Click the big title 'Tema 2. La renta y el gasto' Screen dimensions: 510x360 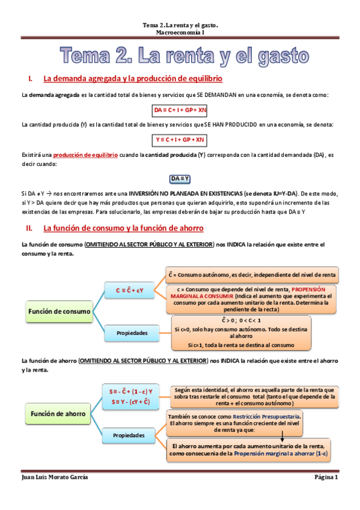[185, 57]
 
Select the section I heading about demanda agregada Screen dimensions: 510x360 [133, 79]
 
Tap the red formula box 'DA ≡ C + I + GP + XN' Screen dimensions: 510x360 [180, 110]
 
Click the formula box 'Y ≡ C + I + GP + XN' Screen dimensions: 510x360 [180, 140]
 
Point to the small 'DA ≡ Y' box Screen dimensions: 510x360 [180, 179]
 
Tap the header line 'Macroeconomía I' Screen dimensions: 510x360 [180, 33]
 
